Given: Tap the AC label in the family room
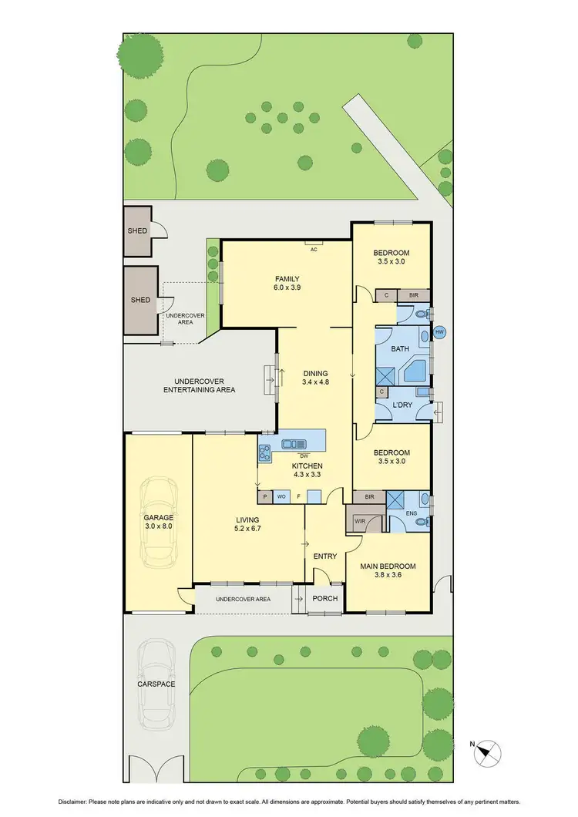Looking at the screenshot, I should point(314,250).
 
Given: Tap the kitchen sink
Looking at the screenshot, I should point(294,443).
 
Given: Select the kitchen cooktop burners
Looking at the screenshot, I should point(264,454).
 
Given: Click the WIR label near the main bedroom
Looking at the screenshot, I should point(360,522).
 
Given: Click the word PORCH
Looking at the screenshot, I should point(323,598).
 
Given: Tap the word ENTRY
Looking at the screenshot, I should point(324,556).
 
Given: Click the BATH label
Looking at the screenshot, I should point(400,349).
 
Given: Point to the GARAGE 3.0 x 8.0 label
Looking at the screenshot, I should point(159,522).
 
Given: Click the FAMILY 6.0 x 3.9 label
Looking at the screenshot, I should point(287,284).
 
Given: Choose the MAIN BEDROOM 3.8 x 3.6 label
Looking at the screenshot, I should point(388,570).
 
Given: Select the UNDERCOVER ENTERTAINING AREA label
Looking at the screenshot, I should point(199,385).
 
